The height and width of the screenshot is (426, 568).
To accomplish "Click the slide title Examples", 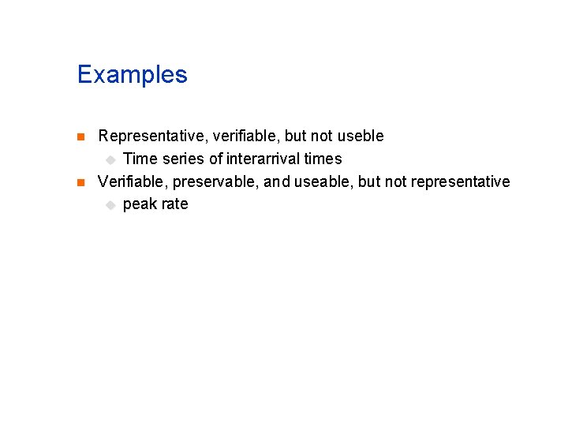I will (133, 75).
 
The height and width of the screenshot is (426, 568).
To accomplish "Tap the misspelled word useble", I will (361, 136).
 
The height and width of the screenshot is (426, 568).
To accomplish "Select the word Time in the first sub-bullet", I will (140, 159).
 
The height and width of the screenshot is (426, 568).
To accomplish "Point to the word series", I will (182, 159).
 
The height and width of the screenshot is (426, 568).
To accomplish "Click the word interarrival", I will (264, 159).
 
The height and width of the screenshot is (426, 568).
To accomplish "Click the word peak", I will (140, 204).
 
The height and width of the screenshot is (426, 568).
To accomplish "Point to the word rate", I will (175, 204).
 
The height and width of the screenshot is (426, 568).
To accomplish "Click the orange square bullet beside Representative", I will (79, 136).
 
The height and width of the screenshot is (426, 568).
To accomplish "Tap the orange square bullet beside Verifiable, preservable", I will (79, 182).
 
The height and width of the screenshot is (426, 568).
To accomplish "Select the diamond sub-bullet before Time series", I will (110, 159).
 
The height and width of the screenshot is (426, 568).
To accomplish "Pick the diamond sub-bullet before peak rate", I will (110, 205).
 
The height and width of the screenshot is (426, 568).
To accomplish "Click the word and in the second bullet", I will (277, 181).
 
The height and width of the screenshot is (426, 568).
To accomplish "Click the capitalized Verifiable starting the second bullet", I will (132, 181).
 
